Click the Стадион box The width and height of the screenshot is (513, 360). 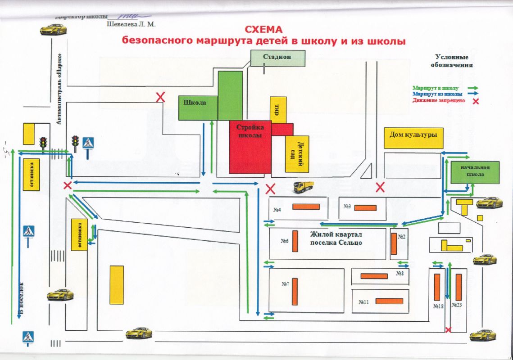pos(278,58)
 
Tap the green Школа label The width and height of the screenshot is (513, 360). pos(195,103)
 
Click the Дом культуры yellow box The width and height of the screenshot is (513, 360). pos(414,135)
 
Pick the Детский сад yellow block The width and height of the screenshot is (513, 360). pos(297,154)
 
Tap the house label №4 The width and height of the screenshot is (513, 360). pos(277,210)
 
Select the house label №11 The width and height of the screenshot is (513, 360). pos(364,302)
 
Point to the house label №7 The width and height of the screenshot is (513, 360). pos(286,284)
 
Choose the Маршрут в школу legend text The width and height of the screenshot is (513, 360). pos(436,88)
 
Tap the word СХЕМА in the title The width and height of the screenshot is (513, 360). pos(263,30)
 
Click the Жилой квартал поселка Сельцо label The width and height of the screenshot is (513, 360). pos(336,238)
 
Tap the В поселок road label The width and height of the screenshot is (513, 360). pos(19,301)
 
